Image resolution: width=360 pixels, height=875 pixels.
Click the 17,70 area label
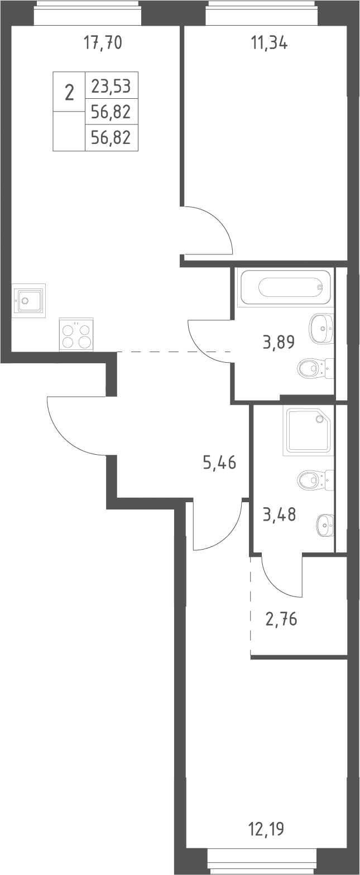(x=103, y=42)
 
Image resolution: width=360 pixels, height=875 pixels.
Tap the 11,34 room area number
(x=270, y=42)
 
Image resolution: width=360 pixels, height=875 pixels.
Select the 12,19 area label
(x=267, y=828)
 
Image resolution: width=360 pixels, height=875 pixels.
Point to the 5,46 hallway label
(x=220, y=463)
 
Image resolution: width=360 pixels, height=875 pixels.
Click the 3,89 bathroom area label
(x=279, y=342)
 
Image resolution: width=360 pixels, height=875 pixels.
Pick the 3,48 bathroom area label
(x=280, y=515)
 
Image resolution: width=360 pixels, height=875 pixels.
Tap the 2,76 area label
(x=281, y=619)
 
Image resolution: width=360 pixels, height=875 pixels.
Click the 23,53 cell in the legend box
(x=111, y=86)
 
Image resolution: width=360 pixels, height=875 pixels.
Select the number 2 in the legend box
(x=69, y=93)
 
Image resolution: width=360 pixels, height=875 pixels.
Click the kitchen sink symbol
(x=28, y=301)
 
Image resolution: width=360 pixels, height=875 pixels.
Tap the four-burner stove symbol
(x=76, y=335)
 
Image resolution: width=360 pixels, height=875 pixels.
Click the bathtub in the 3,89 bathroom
(x=286, y=287)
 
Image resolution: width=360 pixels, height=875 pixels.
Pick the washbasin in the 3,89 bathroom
(x=321, y=329)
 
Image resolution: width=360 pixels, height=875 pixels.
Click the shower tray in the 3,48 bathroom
(x=309, y=430)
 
